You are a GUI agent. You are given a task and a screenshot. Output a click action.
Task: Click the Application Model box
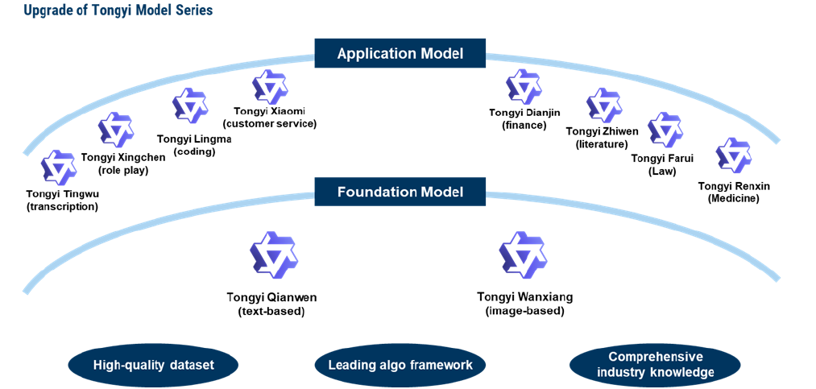[400, 53]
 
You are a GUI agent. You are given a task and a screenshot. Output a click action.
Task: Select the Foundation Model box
[400, 192]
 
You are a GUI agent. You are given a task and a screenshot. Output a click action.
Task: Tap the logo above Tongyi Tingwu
[58, 168]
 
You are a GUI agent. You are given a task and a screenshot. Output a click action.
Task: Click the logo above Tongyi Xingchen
[116, 130]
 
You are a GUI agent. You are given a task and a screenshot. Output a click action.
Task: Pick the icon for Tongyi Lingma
[190, 106]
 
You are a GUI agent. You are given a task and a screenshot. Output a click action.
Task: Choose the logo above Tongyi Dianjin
[524, 86]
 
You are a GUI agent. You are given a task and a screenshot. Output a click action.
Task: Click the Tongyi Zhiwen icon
[603, 106]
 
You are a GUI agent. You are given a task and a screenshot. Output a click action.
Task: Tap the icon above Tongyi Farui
[665, 130]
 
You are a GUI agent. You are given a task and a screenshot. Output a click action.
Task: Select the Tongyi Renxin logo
[733, 155]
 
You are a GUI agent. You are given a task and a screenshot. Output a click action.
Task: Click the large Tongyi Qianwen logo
[274, 256]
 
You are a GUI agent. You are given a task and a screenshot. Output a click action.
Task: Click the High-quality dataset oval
[154, 365]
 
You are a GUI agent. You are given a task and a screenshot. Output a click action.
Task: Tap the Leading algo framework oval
[400, 365]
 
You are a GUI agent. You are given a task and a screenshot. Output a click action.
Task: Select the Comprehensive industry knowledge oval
[655, 365]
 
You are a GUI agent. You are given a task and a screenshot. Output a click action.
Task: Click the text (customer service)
[269, 124]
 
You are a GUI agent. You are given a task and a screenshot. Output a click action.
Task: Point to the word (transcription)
[63, 206]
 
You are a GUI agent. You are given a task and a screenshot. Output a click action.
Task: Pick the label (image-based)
[524, 312]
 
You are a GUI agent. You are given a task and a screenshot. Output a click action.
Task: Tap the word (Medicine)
[734, 198]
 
